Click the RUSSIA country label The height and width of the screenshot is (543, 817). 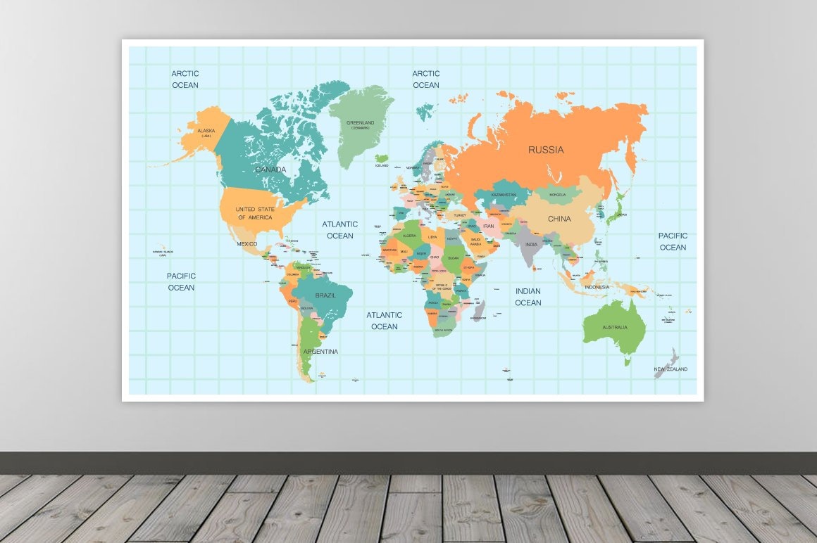546,150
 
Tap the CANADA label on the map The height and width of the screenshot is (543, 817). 270,170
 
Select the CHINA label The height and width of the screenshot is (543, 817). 559,219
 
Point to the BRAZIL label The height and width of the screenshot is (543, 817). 325,295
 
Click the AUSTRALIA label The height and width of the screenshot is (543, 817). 614,328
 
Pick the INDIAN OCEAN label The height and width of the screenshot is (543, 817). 528,297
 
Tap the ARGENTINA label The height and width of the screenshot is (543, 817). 320,352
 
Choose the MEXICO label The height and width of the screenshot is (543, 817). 247,244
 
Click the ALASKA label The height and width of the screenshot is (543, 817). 206,132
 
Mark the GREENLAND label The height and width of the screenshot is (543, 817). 360,124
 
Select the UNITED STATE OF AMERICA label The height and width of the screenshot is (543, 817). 255,213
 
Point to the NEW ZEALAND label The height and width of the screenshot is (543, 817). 671,369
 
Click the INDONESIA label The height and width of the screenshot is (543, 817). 597,287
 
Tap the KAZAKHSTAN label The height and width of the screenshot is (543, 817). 504,195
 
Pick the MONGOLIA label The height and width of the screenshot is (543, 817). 557,195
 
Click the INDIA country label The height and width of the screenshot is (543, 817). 531,245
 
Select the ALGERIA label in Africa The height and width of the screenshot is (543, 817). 411,236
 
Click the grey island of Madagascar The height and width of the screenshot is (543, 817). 480,310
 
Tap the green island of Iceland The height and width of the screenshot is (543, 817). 382,159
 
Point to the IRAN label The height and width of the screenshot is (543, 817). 489,226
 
